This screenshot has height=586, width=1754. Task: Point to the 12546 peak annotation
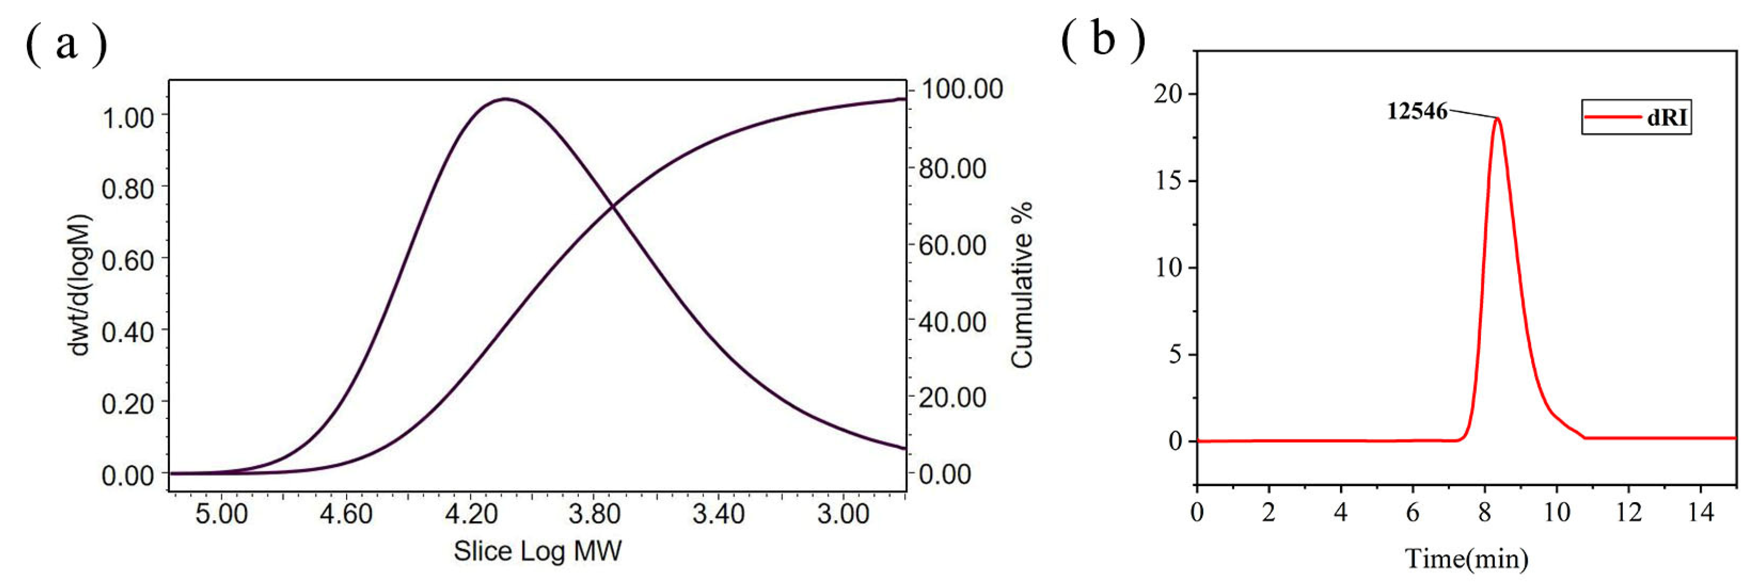point(1417,111)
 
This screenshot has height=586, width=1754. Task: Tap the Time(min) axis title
point(1466,559)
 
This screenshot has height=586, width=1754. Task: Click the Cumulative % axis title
point(1021,285)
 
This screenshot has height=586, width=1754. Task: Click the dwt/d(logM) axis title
point(80,285)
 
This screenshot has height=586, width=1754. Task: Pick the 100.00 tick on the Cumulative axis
point(961,89)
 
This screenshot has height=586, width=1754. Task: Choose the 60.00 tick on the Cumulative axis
point(952,245)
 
